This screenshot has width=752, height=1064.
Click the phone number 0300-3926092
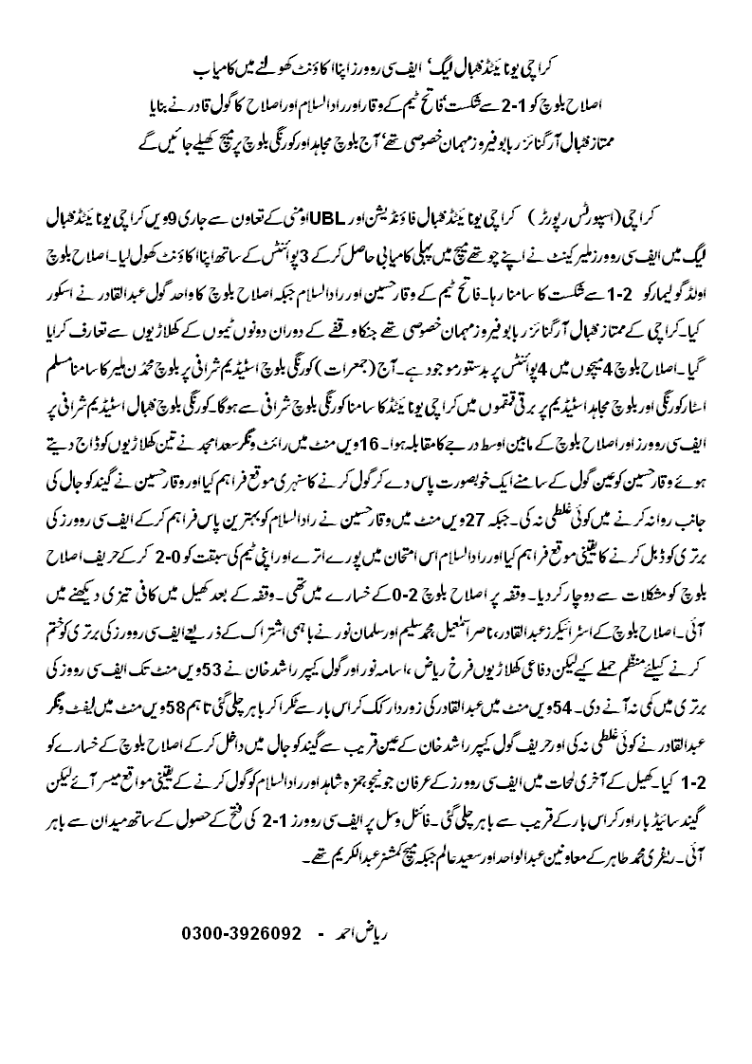point(241,934)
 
